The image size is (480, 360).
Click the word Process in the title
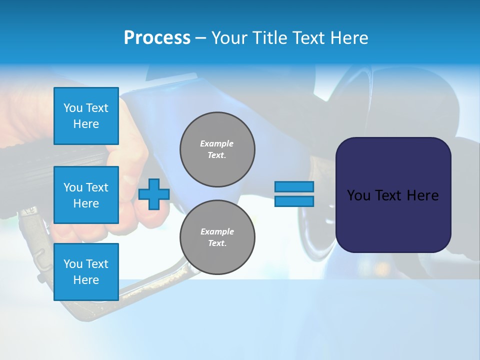tap(157, 38)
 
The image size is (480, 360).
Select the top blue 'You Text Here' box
tap(86, 116)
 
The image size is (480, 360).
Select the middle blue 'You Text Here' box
tap(86, 195)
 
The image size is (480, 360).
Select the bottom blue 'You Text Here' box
tap(86, 271)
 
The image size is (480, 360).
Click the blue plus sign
tap(153, 194)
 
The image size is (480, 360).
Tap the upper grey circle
tap(217, 149)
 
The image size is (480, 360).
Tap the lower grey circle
tap(217, 237)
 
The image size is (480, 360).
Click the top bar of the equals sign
tap(294, 186)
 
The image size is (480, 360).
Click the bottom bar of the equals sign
tap(294, 201)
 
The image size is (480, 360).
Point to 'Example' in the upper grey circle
tap(216, 143)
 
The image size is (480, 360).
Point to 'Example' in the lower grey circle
tap(216, 231)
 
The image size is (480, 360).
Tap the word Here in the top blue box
tap(86, 124)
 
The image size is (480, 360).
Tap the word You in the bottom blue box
tap(73, 264)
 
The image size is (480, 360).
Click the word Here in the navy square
tap(422, 195)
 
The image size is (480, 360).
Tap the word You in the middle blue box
tap(73, 187)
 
